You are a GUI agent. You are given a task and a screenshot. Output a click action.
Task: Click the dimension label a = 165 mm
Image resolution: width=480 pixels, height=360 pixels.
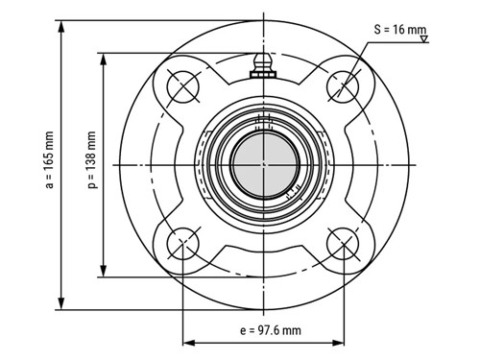pyautogui.click(x=49, y=165)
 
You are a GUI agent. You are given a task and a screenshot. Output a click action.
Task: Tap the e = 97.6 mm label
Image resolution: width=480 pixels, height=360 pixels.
pyautogui.click(x=264, y=330)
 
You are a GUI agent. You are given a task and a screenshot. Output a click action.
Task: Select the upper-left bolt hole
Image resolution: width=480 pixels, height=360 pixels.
pyautogui.click(x=181, y=85)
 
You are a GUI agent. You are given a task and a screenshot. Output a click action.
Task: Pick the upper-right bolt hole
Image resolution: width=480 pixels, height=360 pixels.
pyautogui.click(x=343, y=85)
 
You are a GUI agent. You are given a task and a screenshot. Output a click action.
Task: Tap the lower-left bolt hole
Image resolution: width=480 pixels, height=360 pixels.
pyautogui.click(x=181, y=246)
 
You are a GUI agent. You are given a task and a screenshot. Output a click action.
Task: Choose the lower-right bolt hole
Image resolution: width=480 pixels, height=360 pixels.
pyautogui.click(x=343, y=246)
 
